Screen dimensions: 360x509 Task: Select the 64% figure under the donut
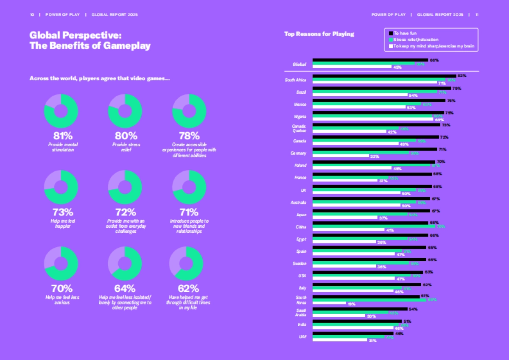(x=126, y=289)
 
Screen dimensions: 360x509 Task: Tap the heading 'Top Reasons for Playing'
(x=319, y=34)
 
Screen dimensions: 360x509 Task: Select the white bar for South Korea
(x=329, y=303)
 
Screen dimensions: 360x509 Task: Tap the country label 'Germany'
(x=299, y=153)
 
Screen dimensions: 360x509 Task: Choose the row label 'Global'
(x=299, y=64)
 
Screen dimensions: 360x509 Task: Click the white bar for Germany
(x=341, y=156)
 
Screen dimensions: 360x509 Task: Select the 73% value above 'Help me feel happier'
(x=63, y=212)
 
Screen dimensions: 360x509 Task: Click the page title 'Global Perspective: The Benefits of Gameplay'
(x=90, y=40)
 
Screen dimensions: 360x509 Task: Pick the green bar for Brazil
(x=375, y=92)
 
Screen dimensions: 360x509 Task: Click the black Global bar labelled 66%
(x=370, y=60)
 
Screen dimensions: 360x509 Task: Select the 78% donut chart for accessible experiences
(x=189, y=111)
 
